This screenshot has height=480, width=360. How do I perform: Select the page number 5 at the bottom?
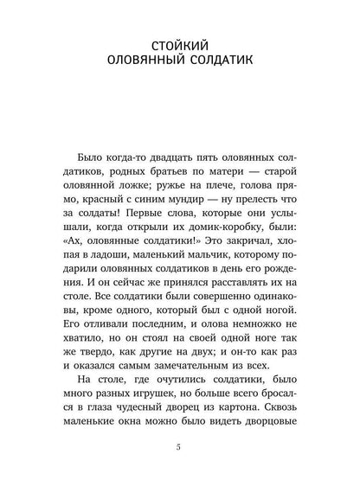pyautogui.click(x=179, y=445)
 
